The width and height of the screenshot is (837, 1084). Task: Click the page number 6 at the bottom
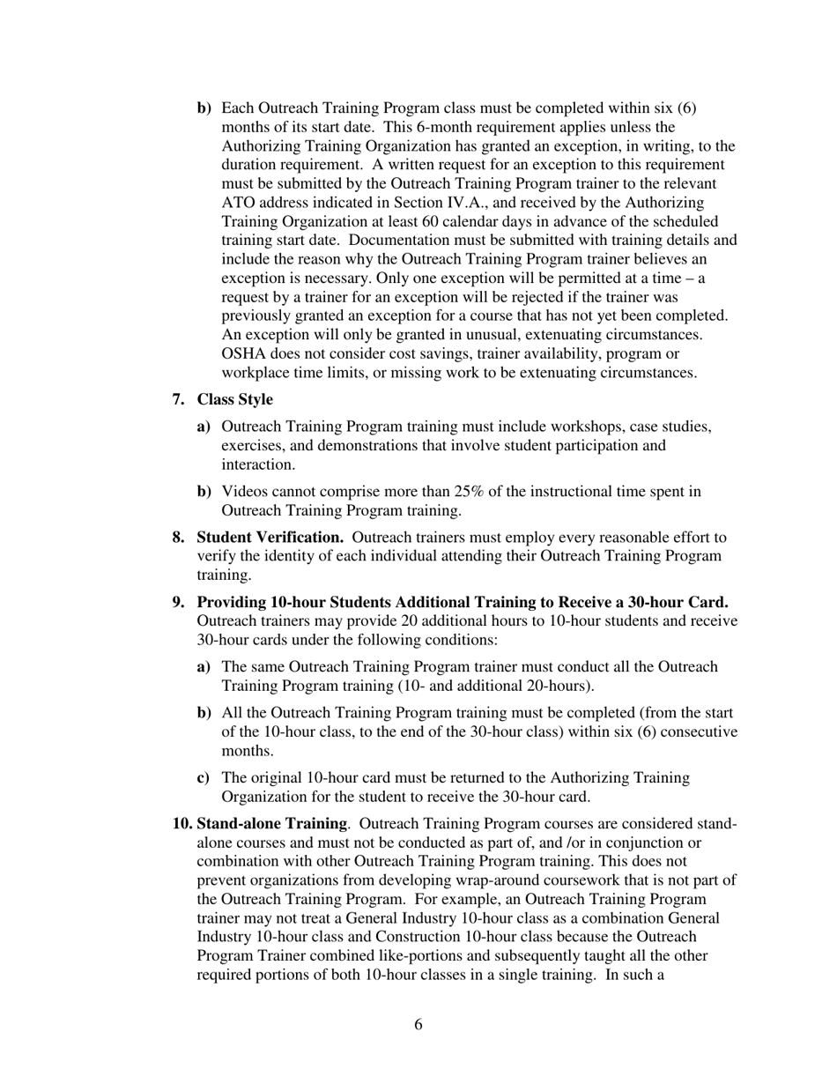pos(418,1024)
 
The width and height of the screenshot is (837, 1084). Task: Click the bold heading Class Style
pos(234,399)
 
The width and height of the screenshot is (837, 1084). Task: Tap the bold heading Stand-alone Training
pos(271,823)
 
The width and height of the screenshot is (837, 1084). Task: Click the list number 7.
pos(178,399)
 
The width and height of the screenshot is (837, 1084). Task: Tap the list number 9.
pos(178,602)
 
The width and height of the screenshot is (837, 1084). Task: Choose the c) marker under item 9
pos(204,777)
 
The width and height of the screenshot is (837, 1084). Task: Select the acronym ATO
pos(238,203)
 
